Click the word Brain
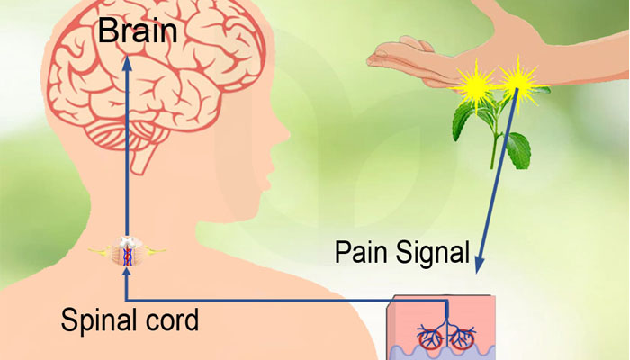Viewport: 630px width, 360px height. (x=137, y=32)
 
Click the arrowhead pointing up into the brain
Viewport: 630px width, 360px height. (x=126, y=64)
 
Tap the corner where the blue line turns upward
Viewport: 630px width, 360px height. (x=126, y=300)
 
